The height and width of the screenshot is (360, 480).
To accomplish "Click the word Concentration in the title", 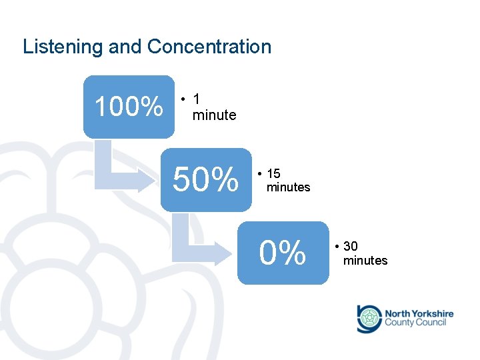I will click(x=209, y=47).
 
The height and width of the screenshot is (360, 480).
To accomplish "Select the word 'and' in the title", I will click(x=125, y=47).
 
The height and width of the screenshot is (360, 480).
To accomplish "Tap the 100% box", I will click(x=129, y=107).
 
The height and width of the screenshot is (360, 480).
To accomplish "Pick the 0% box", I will click(x=283, y=253).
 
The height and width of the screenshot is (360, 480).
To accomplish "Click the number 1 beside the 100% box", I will click(x=196, y=99).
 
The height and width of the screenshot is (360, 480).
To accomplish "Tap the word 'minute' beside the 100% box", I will click(x=214, y=115).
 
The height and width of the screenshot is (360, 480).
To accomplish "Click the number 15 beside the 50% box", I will click(x=273, y=174).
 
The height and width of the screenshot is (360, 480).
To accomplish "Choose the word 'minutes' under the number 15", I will click(x=288, y=187).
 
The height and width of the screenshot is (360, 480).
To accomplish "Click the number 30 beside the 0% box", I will click(x=351, y=247).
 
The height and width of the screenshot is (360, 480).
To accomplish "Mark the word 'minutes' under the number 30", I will click(x=365, y=261).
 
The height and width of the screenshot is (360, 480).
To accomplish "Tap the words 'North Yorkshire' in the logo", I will click(x=419, y=313).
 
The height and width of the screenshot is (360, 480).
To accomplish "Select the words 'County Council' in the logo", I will click(x=415, y=323).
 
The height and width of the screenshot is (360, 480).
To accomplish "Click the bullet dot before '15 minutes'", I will click(x=259, y=174).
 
